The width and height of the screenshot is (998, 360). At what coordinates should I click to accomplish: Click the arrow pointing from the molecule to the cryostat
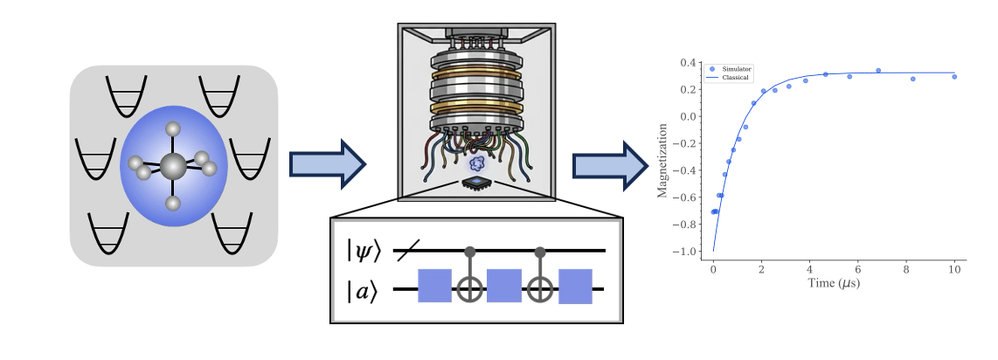pos(327,165)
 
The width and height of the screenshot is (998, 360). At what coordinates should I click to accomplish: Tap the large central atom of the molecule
pos(172,166)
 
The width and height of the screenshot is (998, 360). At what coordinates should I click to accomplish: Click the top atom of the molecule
pos(173,129)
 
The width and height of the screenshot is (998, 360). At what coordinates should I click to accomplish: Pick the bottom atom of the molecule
pos(173,204)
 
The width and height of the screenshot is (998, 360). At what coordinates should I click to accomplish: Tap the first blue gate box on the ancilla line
pos(434,286)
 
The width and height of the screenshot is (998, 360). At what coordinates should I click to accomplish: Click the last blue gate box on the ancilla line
pos(575,287)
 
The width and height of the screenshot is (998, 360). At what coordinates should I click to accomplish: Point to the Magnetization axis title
pos(662,161)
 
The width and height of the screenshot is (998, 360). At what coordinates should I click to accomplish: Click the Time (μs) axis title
pos(834,281)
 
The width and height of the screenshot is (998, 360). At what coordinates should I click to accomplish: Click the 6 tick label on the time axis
pos(858,269)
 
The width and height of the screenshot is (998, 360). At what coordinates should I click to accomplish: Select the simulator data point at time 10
pos(954,76)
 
